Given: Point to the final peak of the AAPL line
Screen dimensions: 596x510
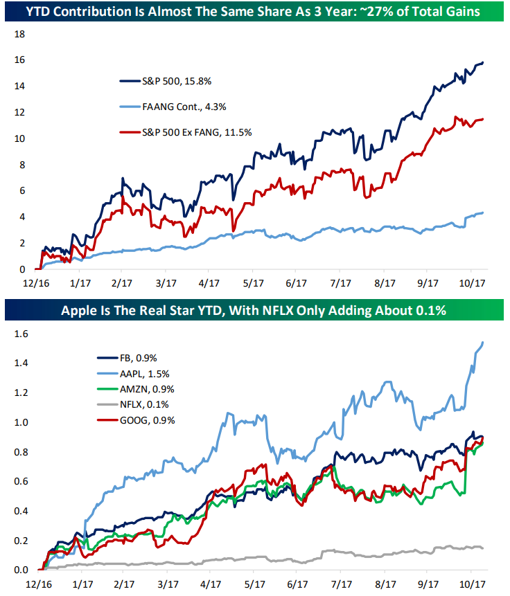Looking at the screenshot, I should click(x=483, y=342).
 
